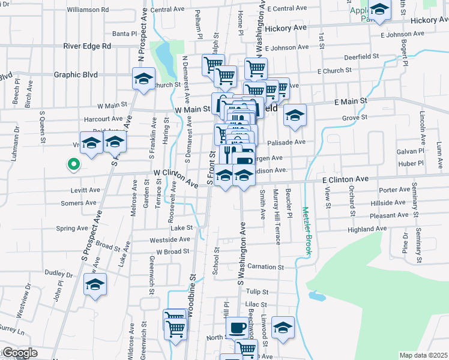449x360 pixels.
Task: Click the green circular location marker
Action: pos(74,164)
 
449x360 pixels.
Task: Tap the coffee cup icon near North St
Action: pos(237,328)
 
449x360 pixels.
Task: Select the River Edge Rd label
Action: pos(88,46)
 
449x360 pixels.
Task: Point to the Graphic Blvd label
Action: pos(76,75)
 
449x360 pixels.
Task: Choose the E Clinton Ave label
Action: pos(345,179)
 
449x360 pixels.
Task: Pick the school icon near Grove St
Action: pos(295,115)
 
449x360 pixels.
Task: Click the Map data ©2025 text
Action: pos(423,355)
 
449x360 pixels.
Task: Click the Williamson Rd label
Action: pos(88,10)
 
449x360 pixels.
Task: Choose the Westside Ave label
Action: pos(170,239)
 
